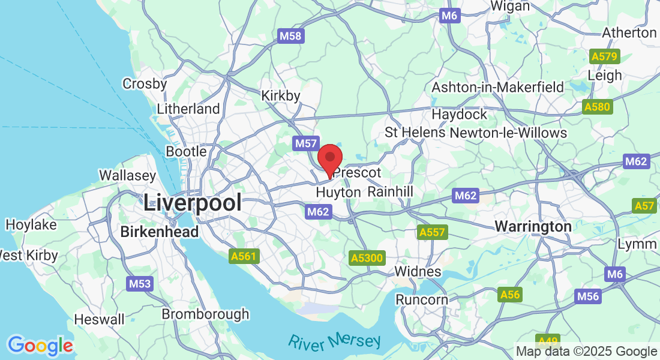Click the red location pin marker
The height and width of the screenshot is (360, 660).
(329, 158)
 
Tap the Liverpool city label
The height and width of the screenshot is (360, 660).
(193, 202)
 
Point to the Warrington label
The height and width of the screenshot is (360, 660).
(533, 227)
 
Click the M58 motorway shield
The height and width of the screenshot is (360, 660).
(291, 37)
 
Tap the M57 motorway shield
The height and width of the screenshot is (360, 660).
(305, 143)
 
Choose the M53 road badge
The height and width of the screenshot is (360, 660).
(139, 284)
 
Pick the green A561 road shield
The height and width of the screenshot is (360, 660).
(244, 257)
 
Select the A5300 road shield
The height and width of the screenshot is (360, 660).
(366, 258)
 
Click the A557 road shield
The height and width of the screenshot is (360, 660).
(432, 232)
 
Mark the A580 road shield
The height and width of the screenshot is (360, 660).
(597, 107)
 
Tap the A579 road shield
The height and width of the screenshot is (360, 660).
(603, 57)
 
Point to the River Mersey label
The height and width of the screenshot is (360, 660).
(334, 341)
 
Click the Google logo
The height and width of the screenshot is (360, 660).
(40, 346)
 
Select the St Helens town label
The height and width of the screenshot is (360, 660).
(415, 132)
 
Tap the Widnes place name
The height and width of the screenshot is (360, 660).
(418, 272)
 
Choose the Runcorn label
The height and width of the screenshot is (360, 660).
(422, 299)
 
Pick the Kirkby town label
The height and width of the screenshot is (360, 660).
(281, 95)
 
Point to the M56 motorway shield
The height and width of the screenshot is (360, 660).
(588, 296)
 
